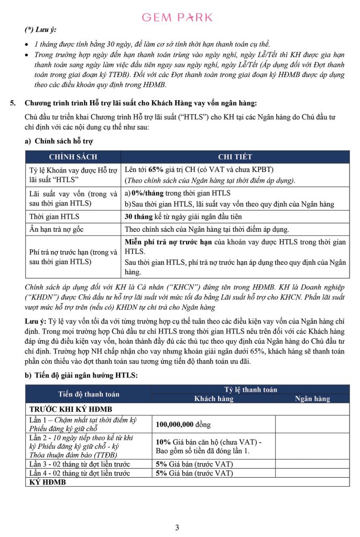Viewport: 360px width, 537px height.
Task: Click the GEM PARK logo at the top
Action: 177,17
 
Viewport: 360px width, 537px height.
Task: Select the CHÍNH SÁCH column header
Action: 73,157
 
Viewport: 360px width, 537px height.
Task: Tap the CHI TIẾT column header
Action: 235,157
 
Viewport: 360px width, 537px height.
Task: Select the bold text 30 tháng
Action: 138,217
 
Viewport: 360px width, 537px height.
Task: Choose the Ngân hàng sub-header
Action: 312,399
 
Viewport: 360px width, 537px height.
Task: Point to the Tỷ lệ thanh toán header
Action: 250,389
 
